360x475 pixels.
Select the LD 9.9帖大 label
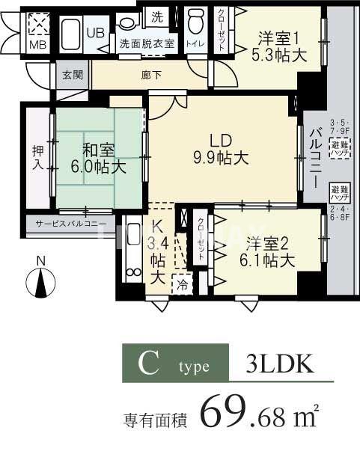click(218, 148)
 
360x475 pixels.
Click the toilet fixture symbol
click(195, 20)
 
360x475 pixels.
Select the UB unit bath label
click(95, 34)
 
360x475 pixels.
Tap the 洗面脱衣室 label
click(147, 43)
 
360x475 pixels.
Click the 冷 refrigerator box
click(183, 285)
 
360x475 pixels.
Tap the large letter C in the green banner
click(147, 364)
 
